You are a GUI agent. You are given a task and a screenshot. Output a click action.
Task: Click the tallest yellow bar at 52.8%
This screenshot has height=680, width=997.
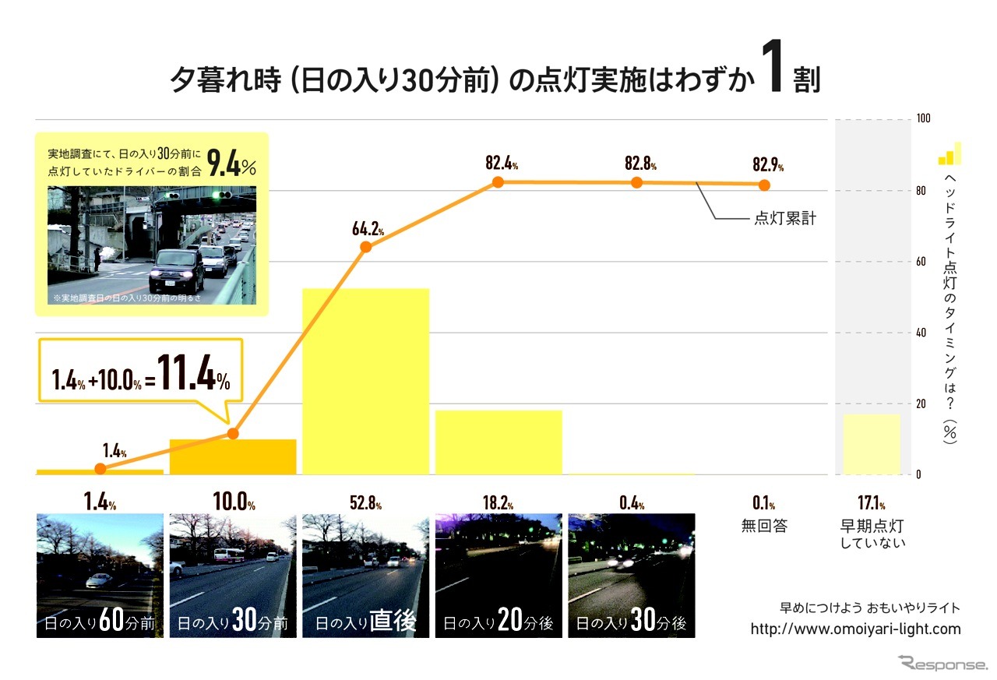[365, 381]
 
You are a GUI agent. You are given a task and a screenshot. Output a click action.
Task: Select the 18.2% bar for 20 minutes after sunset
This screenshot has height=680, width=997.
[498, 442]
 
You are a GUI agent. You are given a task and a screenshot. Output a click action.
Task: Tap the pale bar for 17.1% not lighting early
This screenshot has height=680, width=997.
[872, 444]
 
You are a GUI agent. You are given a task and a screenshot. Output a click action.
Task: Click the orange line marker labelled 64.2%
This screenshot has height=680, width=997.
[366, 247]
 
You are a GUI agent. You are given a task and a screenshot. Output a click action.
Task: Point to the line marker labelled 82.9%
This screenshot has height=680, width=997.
[764, 185]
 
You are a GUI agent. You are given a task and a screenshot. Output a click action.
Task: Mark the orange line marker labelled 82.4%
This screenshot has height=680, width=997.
[498, 181]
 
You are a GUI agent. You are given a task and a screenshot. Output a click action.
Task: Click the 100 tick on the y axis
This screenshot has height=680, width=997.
[924, 119]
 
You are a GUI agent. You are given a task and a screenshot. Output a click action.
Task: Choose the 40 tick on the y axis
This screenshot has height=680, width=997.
[924, 333]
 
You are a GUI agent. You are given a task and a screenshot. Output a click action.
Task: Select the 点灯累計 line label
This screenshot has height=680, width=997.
[784, 219]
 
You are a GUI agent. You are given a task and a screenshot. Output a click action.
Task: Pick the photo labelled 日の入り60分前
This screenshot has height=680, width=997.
[100, 576]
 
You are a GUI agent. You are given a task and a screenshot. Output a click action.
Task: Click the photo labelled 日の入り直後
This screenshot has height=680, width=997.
[365, 576]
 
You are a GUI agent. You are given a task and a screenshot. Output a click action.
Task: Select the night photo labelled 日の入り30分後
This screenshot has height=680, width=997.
[631, 576]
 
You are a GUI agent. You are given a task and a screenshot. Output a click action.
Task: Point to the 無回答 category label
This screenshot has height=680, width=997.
[764, 526]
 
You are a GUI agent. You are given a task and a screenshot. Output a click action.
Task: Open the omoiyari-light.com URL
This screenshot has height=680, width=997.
[855, 629]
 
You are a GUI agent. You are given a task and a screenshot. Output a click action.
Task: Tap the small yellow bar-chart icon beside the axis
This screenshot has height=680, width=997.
[949, 154]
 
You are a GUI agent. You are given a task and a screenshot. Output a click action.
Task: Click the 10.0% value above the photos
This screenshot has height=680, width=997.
[233, 503]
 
